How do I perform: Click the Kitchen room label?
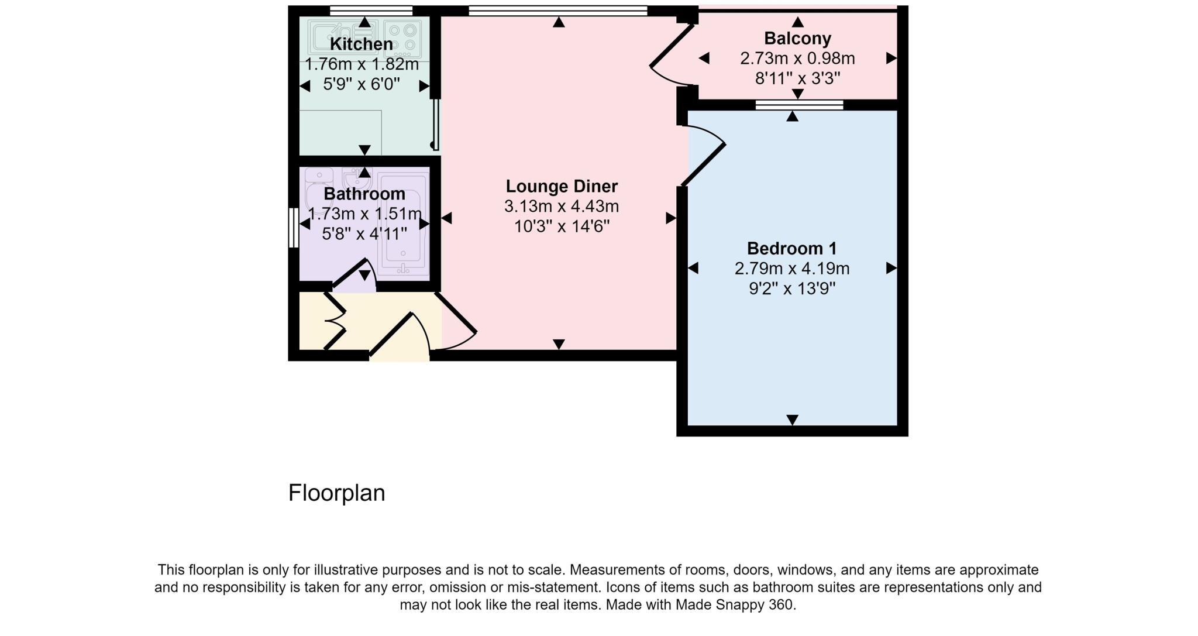coord(361,44)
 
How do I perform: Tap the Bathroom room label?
coord(364,194)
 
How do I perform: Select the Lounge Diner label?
coord(561,186)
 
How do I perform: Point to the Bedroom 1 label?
coord(791,249)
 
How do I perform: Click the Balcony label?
coord(797,39)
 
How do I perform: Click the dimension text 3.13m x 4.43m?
coord(561,207)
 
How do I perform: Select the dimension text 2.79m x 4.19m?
coord(791,269)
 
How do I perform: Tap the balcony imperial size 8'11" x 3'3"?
coord(797,78)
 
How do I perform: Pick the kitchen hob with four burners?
coord(402,36)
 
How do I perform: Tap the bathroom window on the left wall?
coord(294,228)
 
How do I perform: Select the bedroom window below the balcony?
coord(799,105)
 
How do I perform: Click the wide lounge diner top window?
coord(557,10)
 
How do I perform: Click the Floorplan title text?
coord(336,493)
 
